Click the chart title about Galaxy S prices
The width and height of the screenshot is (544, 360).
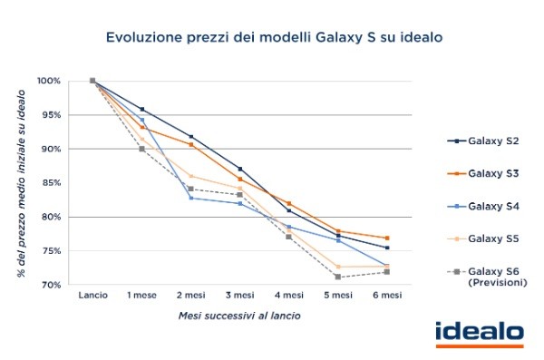(x=273, y=37)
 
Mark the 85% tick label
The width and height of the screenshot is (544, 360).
(x=50, y=183)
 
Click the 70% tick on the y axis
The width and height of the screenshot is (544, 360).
(x=50, y=285)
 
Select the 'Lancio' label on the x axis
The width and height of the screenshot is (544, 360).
(x=92, y=297)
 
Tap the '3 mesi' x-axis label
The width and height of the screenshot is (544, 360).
(x=239, y=297)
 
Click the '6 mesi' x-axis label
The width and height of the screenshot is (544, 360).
(x=386, y=297)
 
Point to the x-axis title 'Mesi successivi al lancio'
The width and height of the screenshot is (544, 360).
(x=238, y=317)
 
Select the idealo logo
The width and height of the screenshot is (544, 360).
(x=479, y=334)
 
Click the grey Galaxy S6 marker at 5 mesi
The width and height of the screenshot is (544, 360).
(x=337, y=277)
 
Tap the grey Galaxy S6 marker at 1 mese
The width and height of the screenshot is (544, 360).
(x=141, y=149)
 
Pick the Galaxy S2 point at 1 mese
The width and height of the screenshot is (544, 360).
(x=141, y=109)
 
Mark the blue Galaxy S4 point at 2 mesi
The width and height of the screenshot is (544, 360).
(x=190, y=198)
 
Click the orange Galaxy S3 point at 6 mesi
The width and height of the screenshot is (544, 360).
(x=386, y=238)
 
